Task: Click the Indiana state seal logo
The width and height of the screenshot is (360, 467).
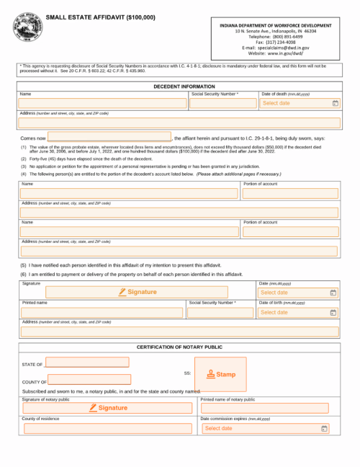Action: [x=27, y=30]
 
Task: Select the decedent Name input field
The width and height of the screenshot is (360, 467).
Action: [x=103, y=104]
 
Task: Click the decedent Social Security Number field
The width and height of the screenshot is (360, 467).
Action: [x=222, y=104]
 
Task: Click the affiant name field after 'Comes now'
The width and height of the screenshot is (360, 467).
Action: [x=109, y=137]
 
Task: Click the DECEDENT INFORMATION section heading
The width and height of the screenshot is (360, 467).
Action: [x=184, y=86]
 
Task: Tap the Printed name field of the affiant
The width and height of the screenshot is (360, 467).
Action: [x=103, y=313]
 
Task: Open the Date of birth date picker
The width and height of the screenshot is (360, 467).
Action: [x=332, y=313]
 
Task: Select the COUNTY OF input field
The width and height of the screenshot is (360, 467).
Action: [x=89, y=380]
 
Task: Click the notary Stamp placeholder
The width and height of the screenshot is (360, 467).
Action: [x=221, y=374]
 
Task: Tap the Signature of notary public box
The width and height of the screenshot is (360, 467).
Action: [x=108, y=408]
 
